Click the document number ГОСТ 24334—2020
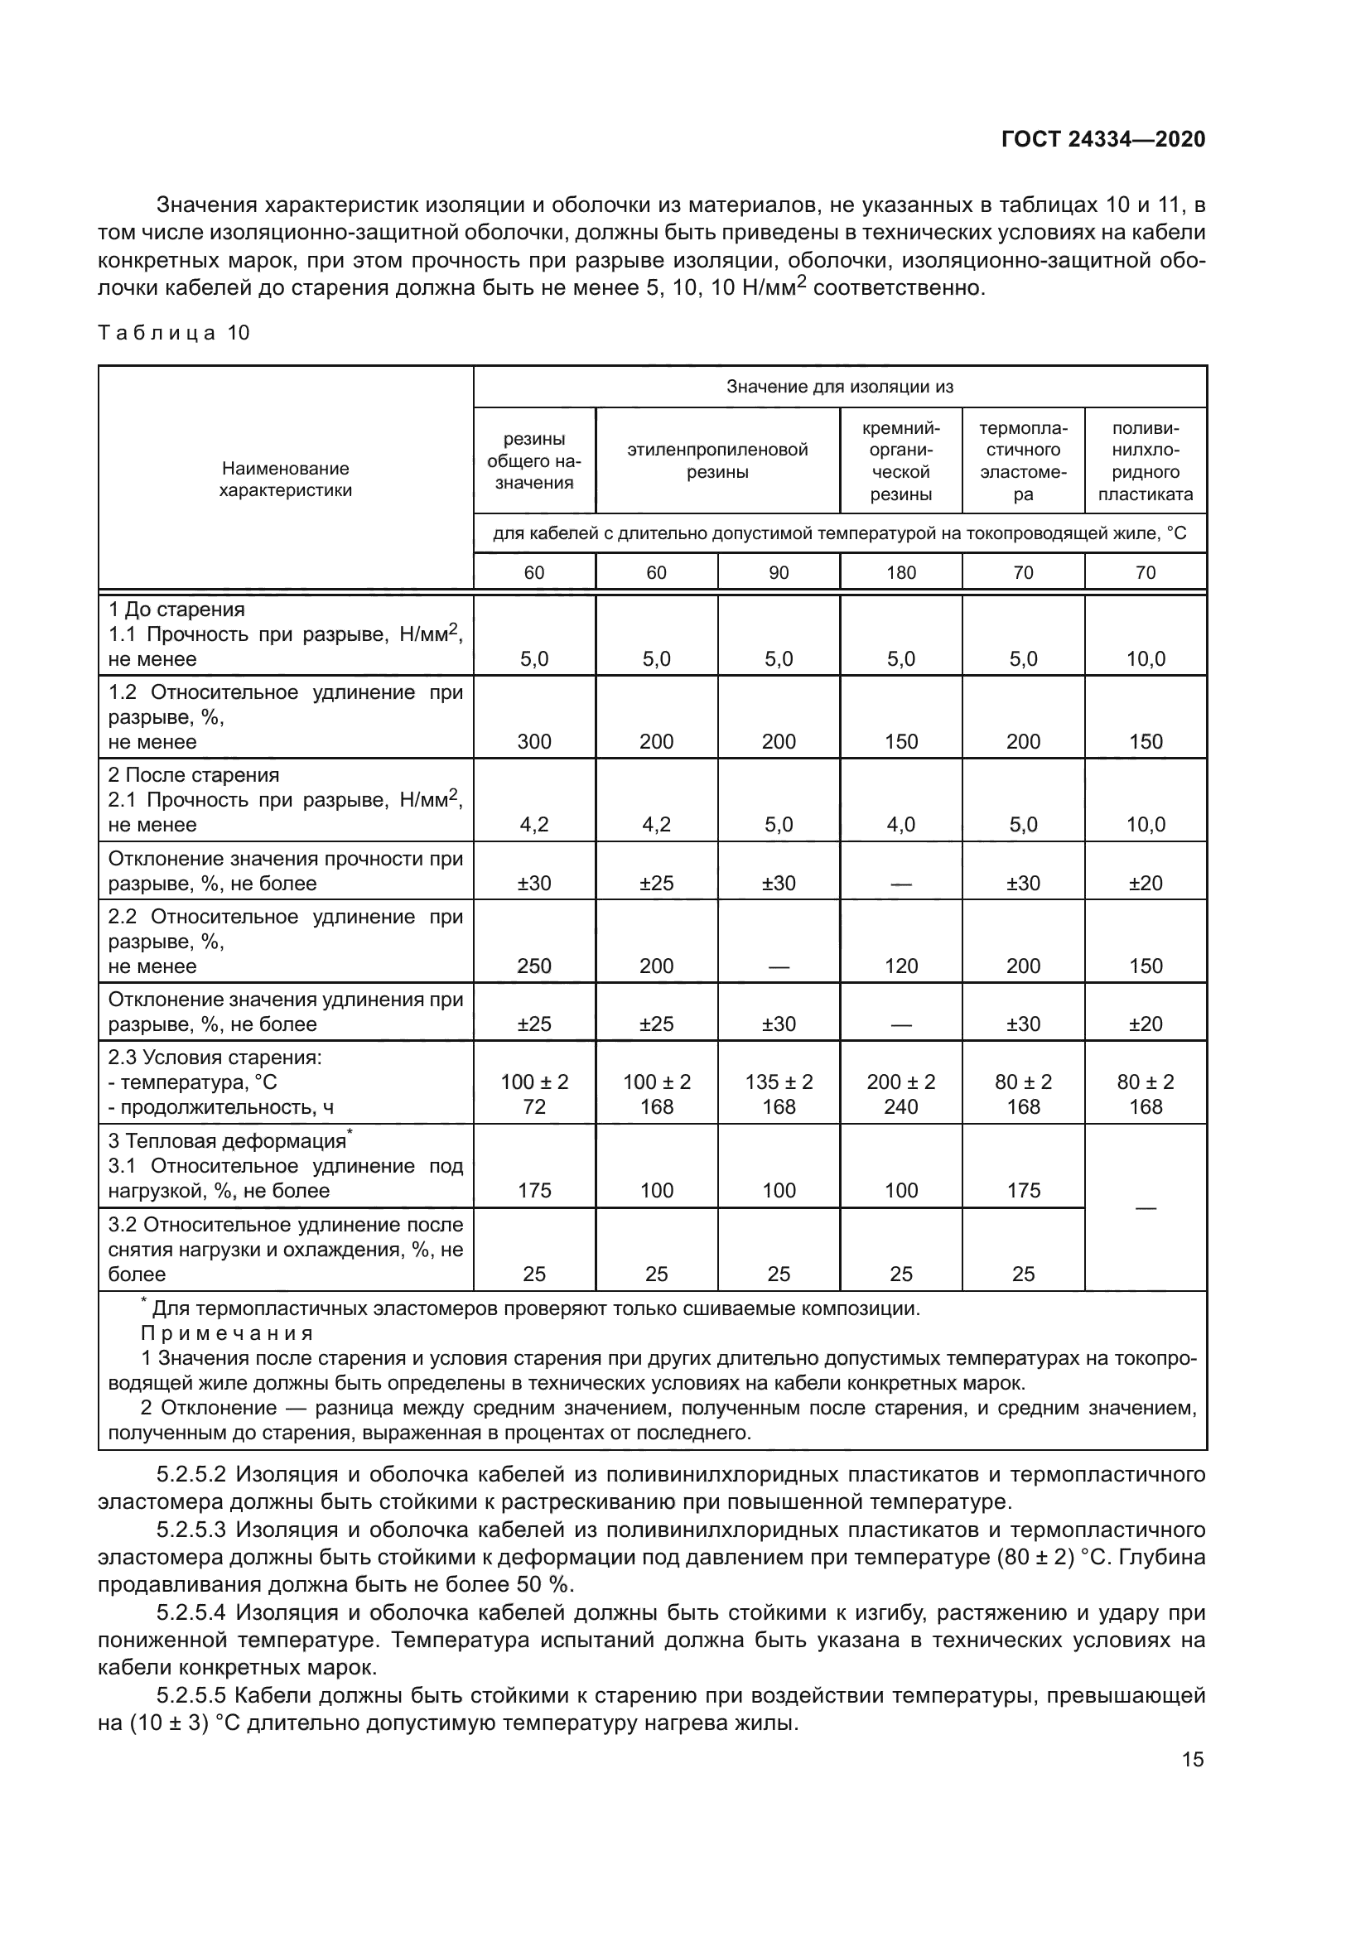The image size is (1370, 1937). click(x=1102, y=139)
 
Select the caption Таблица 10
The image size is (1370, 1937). click(x=174, y=332)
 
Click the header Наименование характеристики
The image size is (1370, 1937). click(x=285, y=479)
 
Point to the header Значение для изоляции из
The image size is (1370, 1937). click(x=839, y=387)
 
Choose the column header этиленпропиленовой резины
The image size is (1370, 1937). click(x=717, y=460)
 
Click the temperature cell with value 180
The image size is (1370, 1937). click(x=900, y=573)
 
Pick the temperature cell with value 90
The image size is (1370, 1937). click(x=778, y=573)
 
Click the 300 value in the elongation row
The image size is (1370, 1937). click(x=534, y=741)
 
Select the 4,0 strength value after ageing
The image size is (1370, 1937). click(x=900, y=824)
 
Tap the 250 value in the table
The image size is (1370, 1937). click(x=534, y=966)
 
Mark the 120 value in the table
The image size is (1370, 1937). click(x=900, y=966)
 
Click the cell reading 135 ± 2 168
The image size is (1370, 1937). click(x=778, y=1094)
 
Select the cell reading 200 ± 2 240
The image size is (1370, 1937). click(x=900, y=1094)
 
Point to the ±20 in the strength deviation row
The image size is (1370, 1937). click(x=1145, y=884)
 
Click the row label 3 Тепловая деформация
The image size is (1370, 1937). click(x=228, y=1141)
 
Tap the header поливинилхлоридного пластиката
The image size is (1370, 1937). click(x=1145, y=460)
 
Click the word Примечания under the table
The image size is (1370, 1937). click(x=227, y=1333)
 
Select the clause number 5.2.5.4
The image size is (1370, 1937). click(x=191, y=1613)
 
